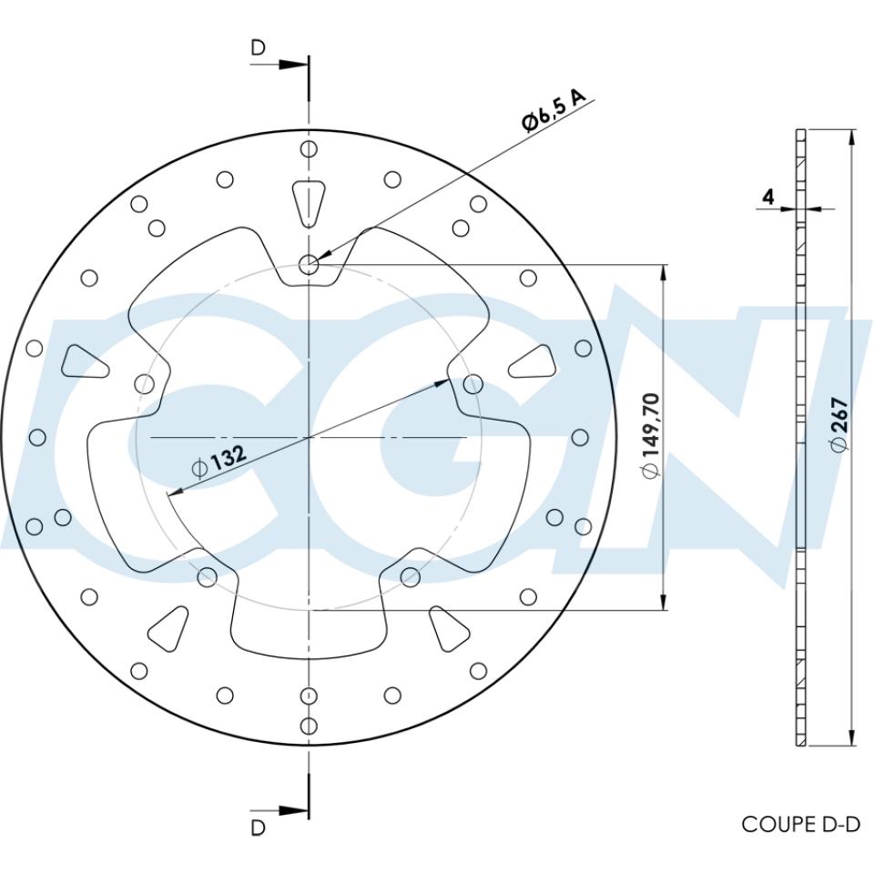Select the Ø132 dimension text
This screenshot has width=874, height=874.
click(x=218, y=461)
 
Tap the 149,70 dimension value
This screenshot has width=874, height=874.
click(x=650, y=435)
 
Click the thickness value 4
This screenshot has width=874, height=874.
click(x=767, y=197)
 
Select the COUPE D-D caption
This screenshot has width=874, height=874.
click(x=800, y=824)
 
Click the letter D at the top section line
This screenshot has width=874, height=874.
click(x=259, y=48)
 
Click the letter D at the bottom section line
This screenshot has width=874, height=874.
click(x=259, y=828)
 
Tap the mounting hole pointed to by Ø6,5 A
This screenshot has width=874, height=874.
click(x=309, y=265)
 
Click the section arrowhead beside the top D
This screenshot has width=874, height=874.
click(x=293, y=65)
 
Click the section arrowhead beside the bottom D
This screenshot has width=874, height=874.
click(x=293, y=809)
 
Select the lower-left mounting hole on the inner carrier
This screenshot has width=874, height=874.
click(x=207, y=575)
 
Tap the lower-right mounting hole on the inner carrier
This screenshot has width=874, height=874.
click(x=411, y=575)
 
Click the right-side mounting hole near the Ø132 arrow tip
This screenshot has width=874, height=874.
click(x=473, y=384)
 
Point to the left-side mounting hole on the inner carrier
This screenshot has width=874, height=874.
click(x=144, y=383)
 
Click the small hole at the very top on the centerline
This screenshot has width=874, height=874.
click(x=309, y=149)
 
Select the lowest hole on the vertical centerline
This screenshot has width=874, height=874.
click(x=309, y=726)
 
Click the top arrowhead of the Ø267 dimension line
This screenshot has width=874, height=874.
click(x=851, y=137)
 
